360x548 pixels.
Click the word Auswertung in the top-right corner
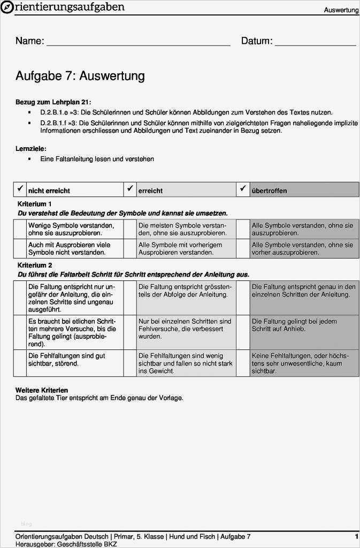pos(341,10)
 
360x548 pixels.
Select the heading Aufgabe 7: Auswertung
pos(80,76)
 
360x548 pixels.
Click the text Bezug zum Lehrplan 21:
pos(53,102)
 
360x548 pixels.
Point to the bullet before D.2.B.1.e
pos(29,112)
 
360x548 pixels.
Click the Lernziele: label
pos(30,148)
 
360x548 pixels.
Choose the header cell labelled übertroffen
pos(304,190)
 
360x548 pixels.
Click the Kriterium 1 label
pos(35,204)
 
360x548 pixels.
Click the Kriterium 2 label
pos(35,265)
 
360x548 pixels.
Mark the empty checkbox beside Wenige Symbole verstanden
pos(20,229)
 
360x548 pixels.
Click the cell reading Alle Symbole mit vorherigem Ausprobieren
pos(186,248)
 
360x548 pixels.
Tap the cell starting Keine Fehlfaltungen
pos(304,362)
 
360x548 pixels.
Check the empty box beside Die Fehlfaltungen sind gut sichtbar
pos(20,362)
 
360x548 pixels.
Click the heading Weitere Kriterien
pos(42,390)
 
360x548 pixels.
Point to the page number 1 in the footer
pos(356,536)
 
